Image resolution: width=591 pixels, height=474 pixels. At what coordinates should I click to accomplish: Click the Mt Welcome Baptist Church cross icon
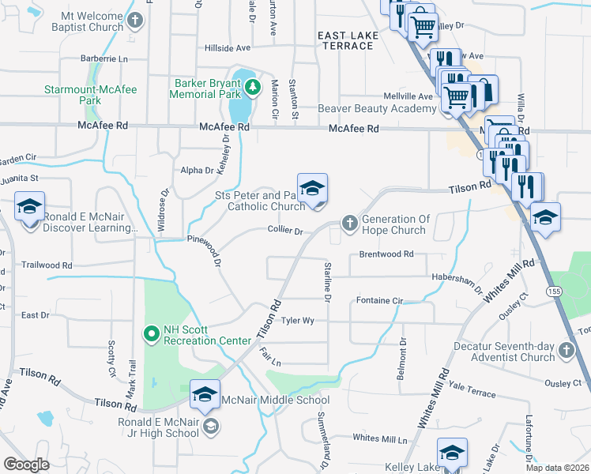136,20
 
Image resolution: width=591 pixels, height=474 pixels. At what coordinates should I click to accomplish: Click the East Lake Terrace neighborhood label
345,41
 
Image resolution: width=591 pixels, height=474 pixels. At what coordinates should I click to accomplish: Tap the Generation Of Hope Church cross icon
350,224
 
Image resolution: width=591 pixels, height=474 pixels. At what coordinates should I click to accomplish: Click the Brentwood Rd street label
386,254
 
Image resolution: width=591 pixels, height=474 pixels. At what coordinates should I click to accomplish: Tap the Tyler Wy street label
298,321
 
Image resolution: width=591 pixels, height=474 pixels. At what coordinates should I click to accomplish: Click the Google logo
27,464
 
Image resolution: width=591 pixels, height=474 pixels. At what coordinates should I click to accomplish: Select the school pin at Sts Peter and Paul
312,189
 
